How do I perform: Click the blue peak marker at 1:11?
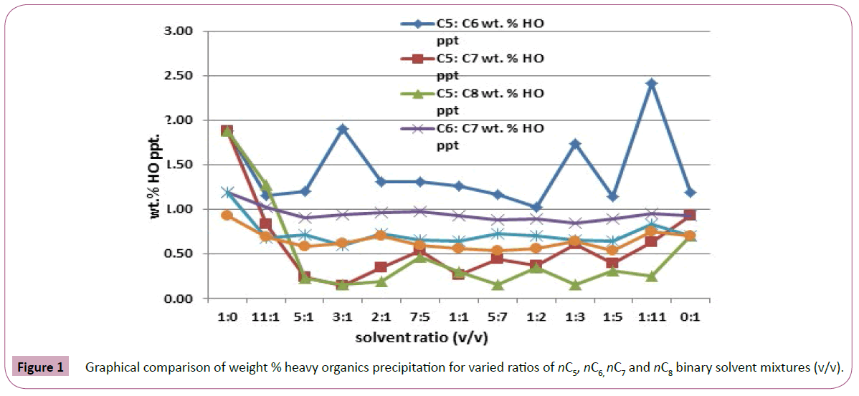[x=651, y=83]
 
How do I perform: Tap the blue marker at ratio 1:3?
[x=574, y=144]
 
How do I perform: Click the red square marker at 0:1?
[x=690, y=216]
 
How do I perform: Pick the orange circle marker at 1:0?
[x=227, y=215]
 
